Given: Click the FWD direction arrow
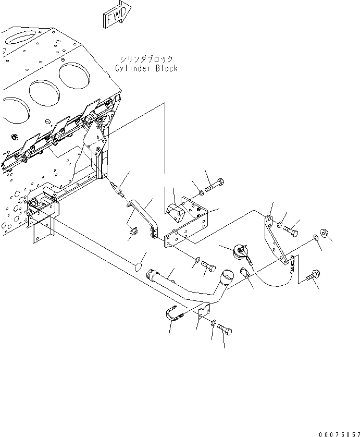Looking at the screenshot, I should click(117, 16).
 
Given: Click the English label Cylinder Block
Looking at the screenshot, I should click(146, 68).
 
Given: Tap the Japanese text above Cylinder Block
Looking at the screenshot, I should click(146, 59).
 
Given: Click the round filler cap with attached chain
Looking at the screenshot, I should click(241, 251).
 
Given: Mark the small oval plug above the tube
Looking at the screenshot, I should click(138, 267).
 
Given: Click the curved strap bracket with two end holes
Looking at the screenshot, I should click(144, 216).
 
